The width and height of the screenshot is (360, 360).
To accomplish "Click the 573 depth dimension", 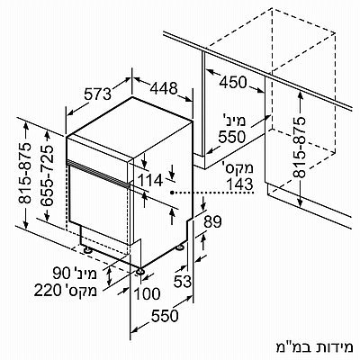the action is pyautogui.click(x=97, y=94).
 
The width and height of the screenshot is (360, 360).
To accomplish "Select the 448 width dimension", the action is pyautogui.click(x=164, y=88).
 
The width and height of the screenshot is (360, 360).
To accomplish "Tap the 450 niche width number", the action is pyautogui.click(x=233, y=82).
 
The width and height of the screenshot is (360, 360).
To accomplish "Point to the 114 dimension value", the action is pyautogui.click(x=150, y=181).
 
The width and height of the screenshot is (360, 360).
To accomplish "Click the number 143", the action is pyautogui.click(x=240, y=184).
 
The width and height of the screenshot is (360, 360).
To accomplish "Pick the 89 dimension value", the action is pyautogui.click(x=212, y=222).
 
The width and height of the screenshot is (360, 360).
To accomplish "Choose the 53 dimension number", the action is pyautogui.click(x=183, y=282).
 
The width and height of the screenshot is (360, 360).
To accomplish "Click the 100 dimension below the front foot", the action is pyautogui.click(x=147, y=293).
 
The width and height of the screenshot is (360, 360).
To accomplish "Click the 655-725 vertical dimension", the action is pyautogui.click(x=48, y=176).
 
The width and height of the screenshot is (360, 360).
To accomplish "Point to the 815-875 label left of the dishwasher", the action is pyautogui.click(x=25, y=174).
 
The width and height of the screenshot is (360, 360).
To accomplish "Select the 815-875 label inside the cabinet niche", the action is pyautogui.click(x=300, y=148).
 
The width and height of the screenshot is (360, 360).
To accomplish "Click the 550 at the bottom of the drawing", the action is pyautogui.click(x=165, y=316).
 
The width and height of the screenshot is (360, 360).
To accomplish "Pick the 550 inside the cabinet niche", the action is pyautogui.click(x=231, y=137).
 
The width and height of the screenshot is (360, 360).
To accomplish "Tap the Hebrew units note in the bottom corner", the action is pyautogui.click(x=314, y=347).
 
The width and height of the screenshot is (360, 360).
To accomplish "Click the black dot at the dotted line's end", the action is pyautogui.click(x=172, y=193).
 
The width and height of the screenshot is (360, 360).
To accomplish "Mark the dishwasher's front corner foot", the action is pyautogui.click(x=139, y=272).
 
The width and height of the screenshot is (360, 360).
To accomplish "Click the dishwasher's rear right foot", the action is pyautogui.click(x=180, y=247).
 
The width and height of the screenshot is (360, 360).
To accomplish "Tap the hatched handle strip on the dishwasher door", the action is pyautogui.click(x=98, y=174).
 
